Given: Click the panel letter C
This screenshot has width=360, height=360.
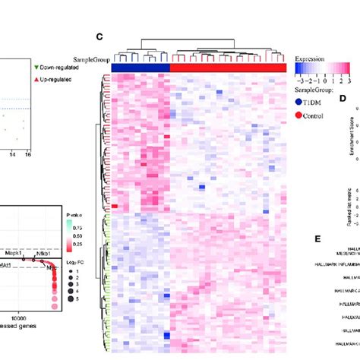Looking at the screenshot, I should click(99, 36).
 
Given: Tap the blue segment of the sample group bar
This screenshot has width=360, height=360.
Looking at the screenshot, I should click(141, 68).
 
